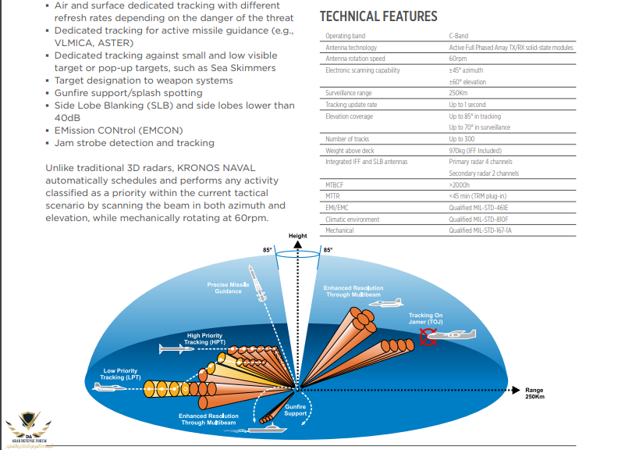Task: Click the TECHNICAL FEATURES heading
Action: pos(378,16)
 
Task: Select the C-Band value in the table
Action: pos(458,36)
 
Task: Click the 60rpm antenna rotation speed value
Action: pos(457,59)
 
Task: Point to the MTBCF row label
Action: pos(334,184)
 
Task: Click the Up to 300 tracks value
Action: pos(461,138)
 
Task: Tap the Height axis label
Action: pos(297,236)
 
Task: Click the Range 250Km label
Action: pos(535,393)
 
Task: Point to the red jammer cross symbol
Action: pos(428,336)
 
